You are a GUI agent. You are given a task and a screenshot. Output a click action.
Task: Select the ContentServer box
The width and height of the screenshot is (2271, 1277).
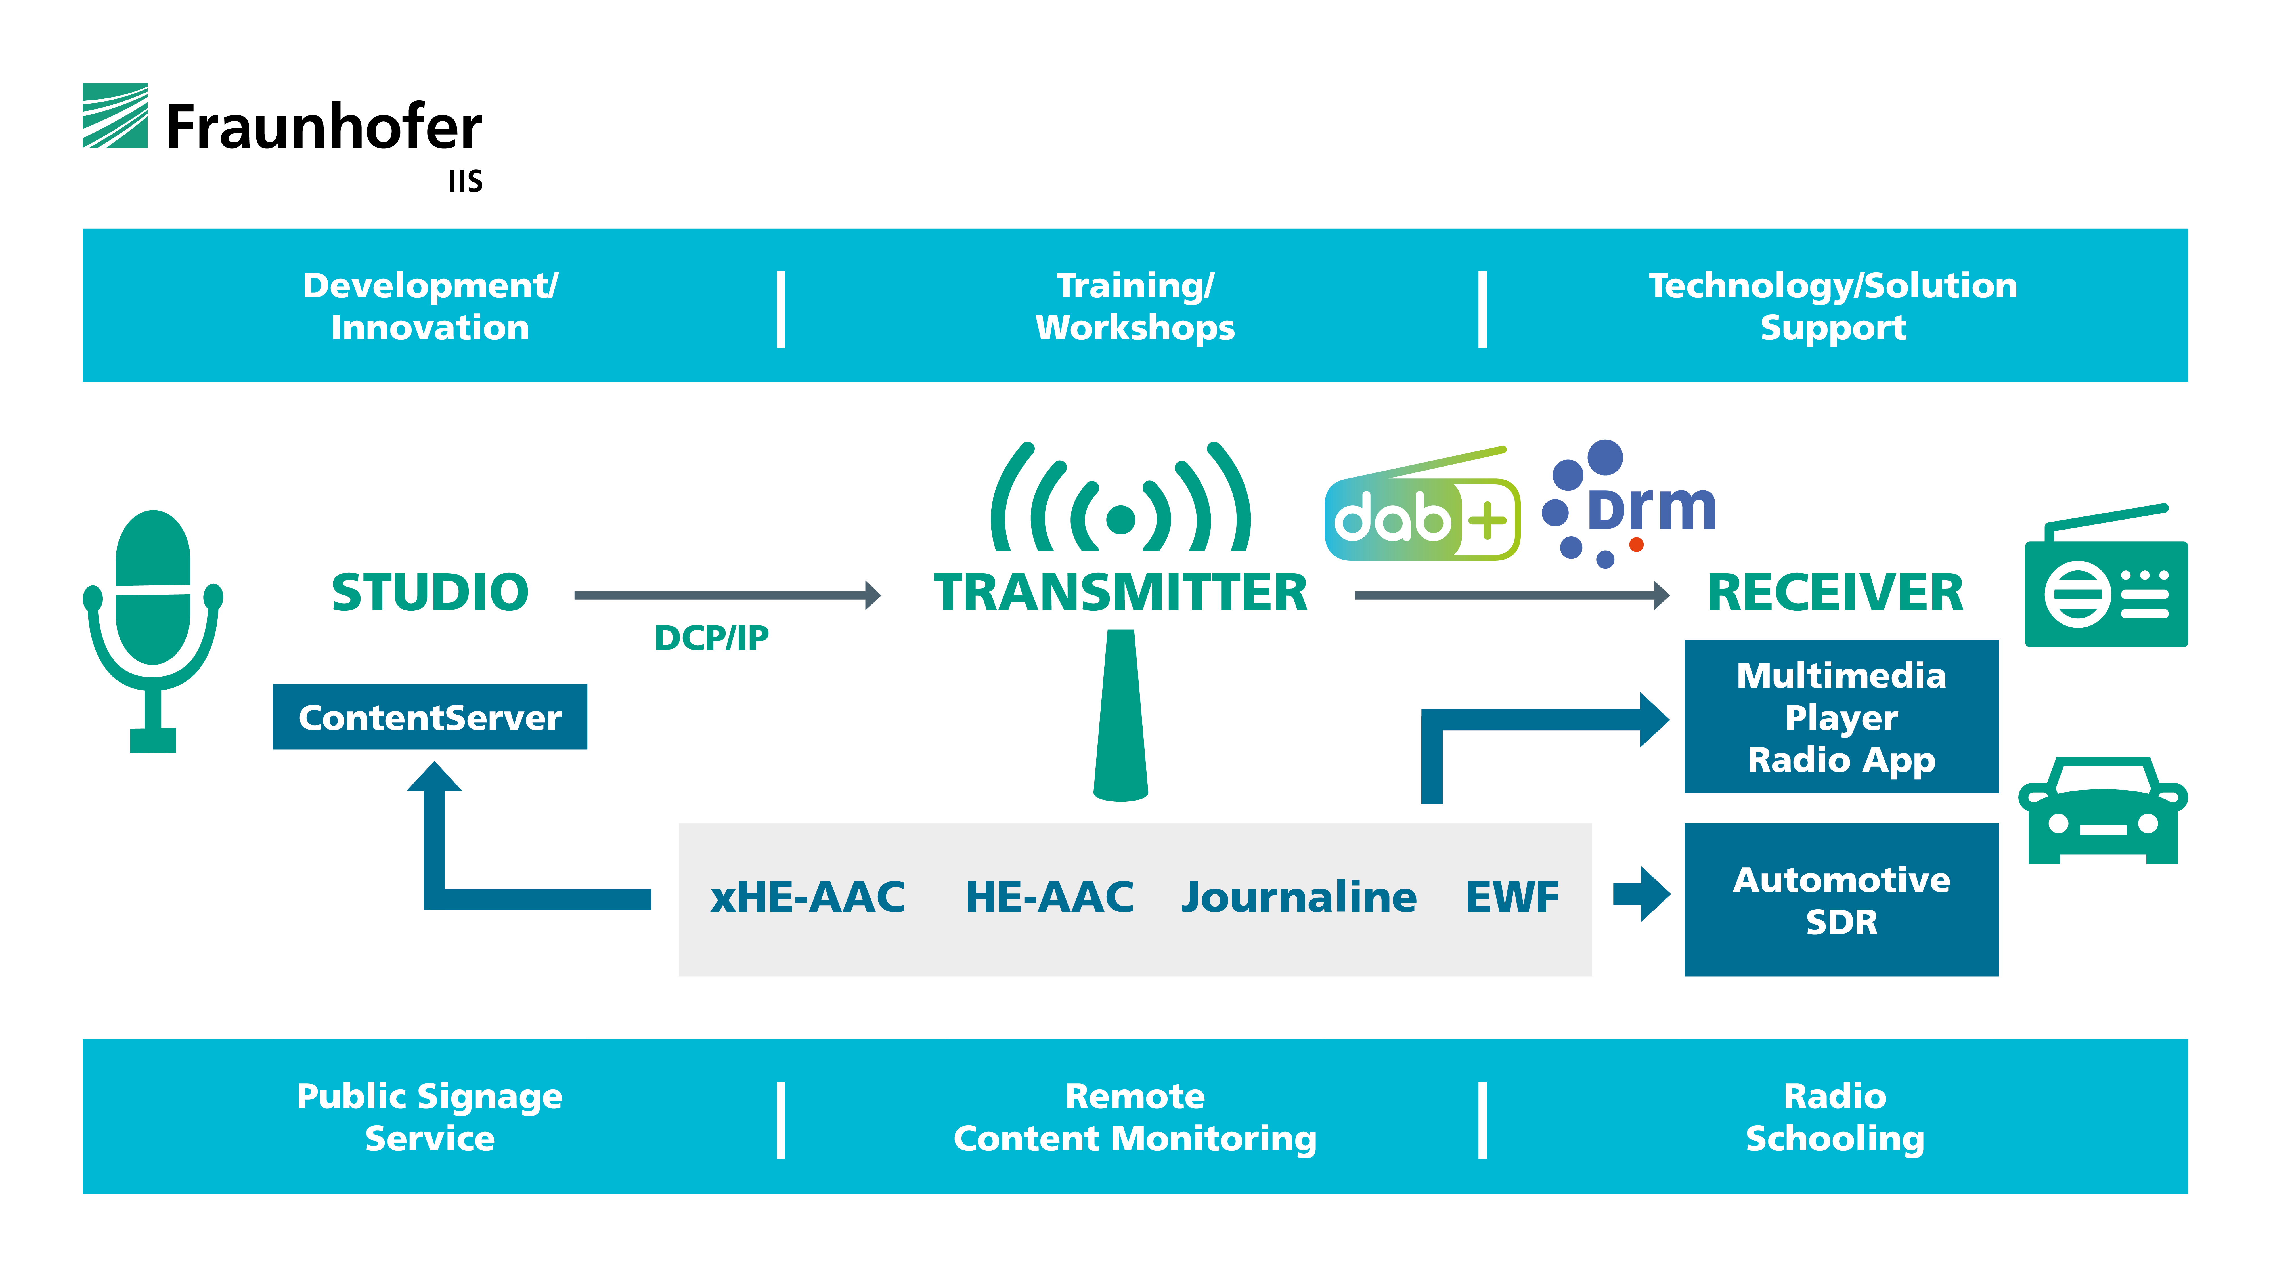tap(430, 717)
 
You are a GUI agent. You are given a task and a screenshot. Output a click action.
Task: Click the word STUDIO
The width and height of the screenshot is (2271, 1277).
tap(430, 592)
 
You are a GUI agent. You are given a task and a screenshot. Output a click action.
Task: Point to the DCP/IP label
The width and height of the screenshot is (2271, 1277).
tap(711, 637)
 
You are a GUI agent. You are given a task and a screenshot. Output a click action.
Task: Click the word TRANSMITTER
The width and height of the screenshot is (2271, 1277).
tap(1120, 592)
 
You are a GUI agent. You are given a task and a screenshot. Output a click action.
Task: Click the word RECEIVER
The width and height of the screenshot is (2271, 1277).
tap(1836, 592)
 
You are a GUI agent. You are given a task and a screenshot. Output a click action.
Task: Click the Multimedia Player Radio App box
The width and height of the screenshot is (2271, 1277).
tap(1842, 717)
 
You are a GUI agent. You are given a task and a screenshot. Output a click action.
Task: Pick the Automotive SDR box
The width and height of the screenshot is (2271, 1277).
tap(1842, 900)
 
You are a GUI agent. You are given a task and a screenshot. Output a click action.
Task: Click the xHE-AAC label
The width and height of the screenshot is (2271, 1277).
tap(808, 897)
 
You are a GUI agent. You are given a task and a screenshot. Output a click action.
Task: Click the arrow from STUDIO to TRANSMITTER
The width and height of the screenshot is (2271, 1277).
tap(727, 595)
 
